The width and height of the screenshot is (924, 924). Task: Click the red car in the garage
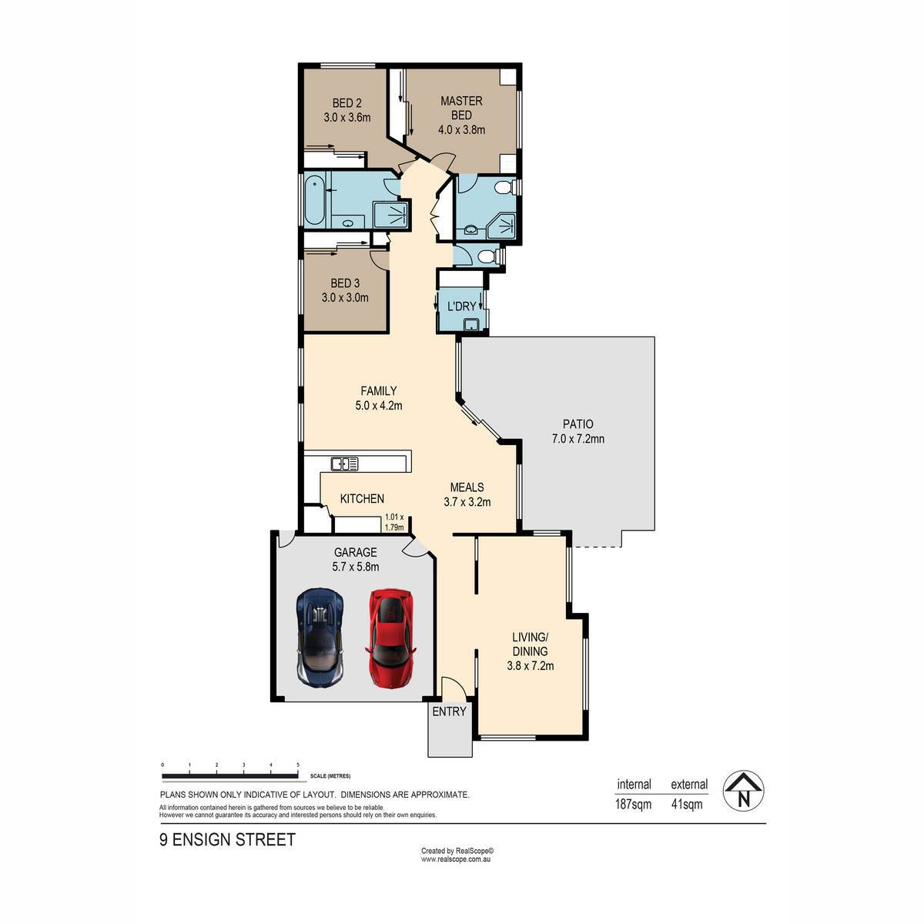391,639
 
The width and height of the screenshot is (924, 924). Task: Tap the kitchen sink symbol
344,464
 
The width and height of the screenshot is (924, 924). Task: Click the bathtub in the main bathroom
315,200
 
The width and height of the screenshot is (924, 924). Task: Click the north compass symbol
744,792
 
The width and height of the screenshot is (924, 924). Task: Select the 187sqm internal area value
633,804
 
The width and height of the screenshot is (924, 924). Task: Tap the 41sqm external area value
687,804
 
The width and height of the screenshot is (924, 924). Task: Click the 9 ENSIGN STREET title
227,839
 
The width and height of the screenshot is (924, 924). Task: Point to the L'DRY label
461,306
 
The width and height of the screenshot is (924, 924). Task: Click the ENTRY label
449,711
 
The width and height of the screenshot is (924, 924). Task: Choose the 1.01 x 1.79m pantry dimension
394,522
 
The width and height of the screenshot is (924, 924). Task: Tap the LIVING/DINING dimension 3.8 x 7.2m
531,665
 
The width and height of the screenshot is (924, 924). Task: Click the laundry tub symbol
472,325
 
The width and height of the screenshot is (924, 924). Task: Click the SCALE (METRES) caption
330,776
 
